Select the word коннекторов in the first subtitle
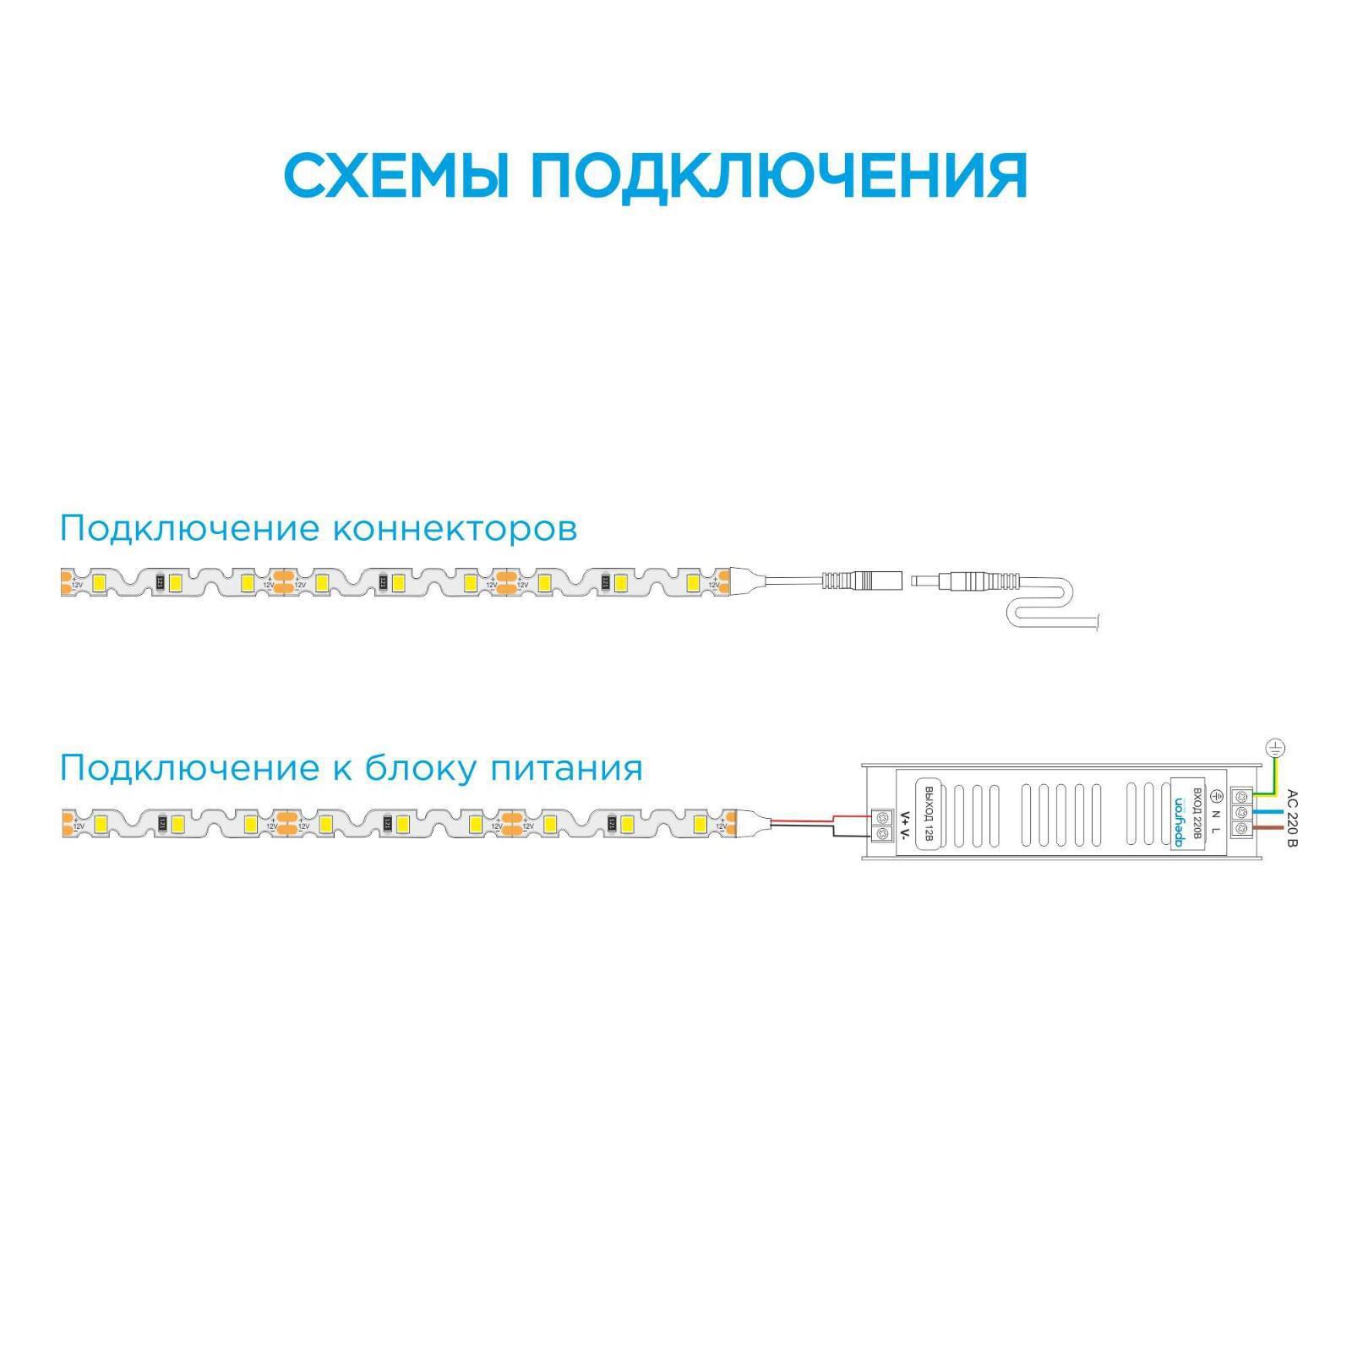(x=455, y=529)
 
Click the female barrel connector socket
(x=862, y=581)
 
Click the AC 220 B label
(x=1290, y=817)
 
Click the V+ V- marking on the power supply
(x=904, y=826)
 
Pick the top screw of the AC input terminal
(x=1241, y=796)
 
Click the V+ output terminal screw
(x=883, y=816)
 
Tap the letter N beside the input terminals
(x=1216, y=813)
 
